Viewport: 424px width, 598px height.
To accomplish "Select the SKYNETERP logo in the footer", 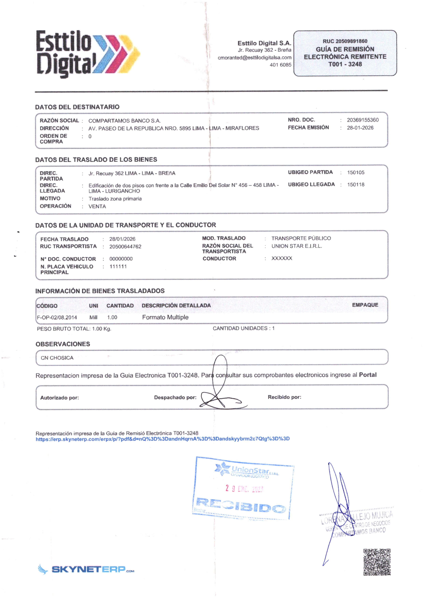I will [x=86, y=569].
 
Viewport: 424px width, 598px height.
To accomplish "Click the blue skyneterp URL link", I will [x=162, y=439].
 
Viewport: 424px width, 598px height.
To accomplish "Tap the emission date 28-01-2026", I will [x=360, y=128].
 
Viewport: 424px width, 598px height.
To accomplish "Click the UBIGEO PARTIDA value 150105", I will [x=356, y=172].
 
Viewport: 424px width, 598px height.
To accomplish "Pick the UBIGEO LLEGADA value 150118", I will [x=356, y=185].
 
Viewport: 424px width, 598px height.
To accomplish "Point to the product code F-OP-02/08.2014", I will [x=57, y=318].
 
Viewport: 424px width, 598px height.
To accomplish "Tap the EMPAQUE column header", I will [x=365, y=305].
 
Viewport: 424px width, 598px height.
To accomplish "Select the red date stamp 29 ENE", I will [x=244, y=488].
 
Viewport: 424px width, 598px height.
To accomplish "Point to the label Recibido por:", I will [x=284, y=397].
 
